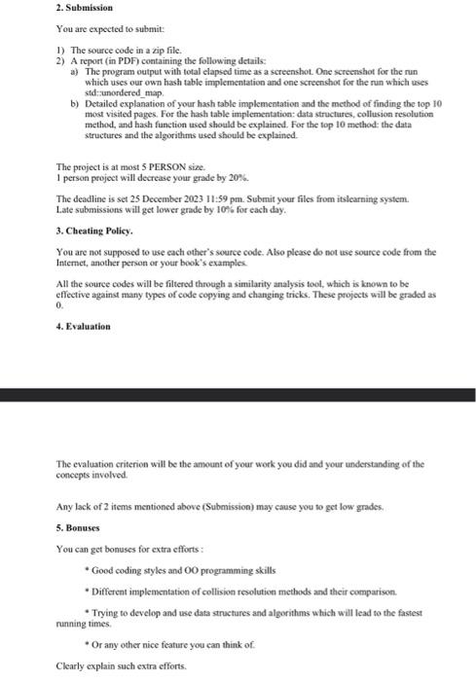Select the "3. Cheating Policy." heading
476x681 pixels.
(x=92, y=231)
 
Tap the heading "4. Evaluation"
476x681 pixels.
(x=83, y=326)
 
